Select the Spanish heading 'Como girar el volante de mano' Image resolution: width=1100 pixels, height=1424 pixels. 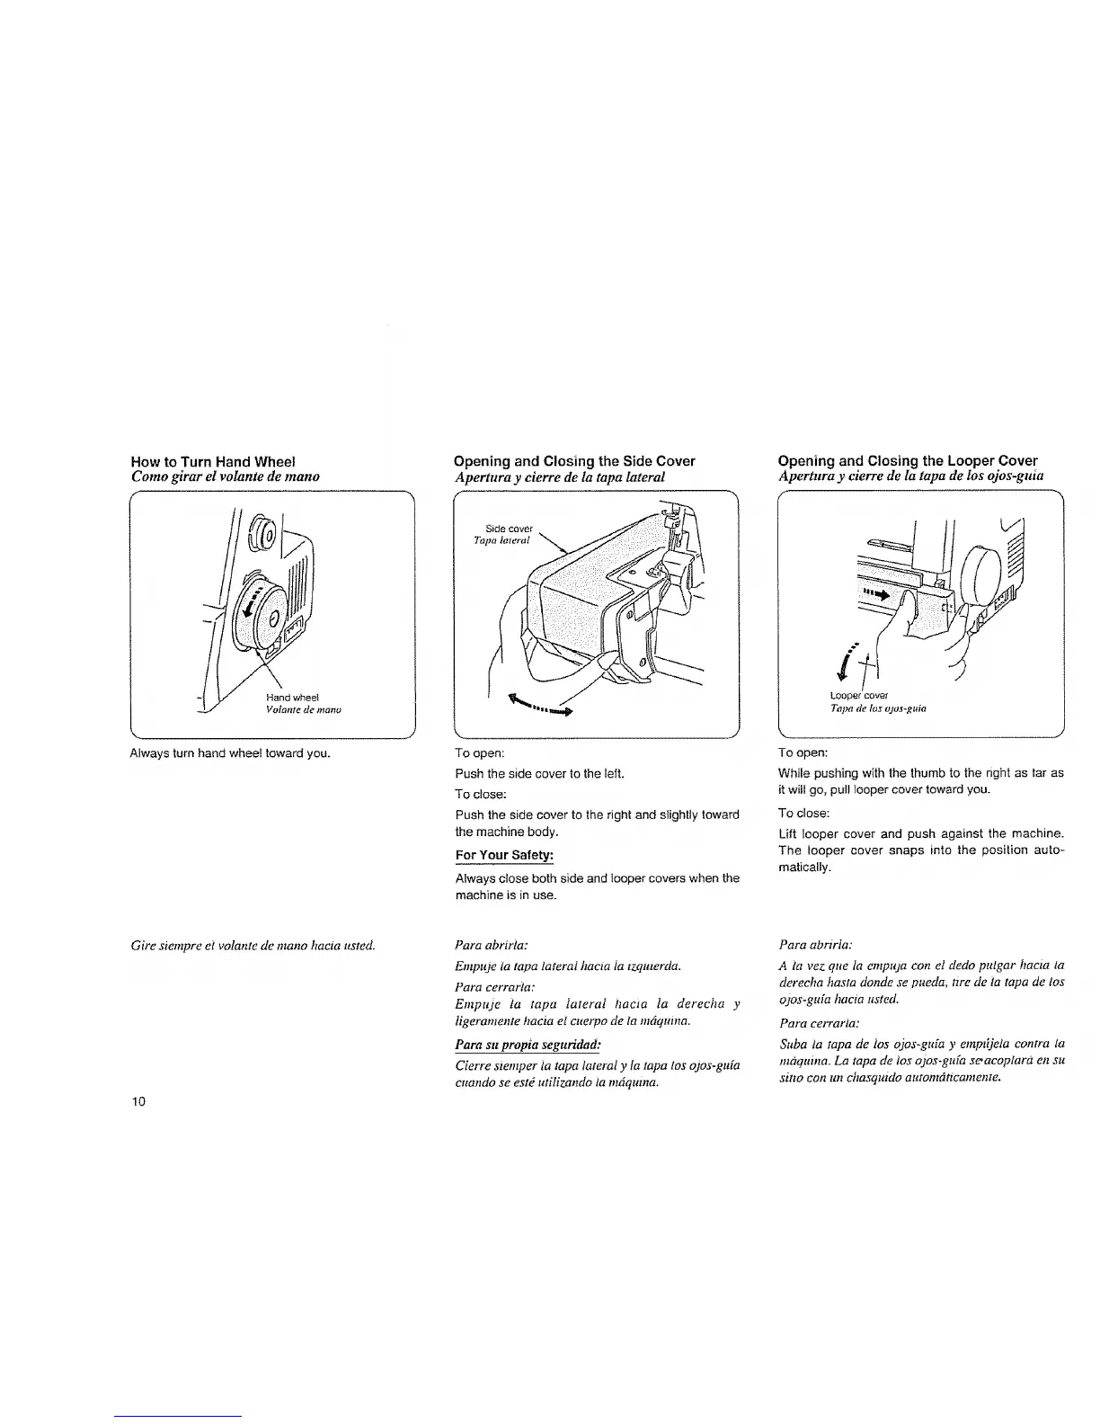(225, 476)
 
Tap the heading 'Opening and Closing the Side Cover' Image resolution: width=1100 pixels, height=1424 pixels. (575, 461)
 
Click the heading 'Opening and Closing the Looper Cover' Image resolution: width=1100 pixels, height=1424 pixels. (908, 461)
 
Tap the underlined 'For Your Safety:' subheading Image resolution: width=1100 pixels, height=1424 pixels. (504, 854)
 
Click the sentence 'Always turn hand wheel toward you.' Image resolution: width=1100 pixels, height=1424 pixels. (231, 752)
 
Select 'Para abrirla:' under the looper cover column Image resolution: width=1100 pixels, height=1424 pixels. (815, 945)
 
